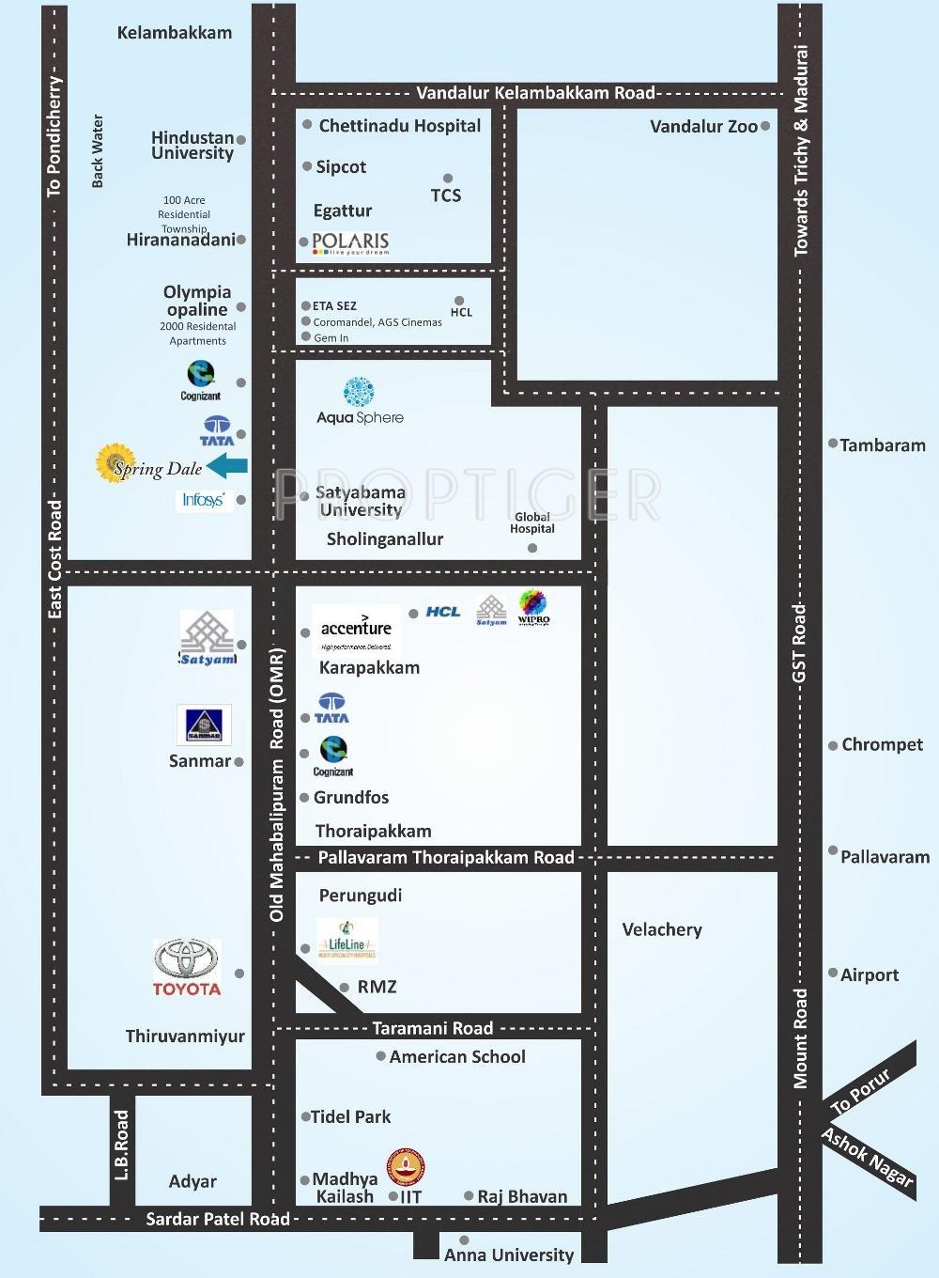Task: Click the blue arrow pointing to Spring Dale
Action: pos(227,465)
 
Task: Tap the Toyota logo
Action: pos(187,967)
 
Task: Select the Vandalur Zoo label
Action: pos(703,127)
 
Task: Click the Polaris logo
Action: pos(350,242)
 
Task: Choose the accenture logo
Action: pos(356,629)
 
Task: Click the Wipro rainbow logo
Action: pos(533,607)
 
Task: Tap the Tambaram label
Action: pos(882,445)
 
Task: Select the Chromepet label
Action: pos(882,744)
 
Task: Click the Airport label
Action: pos(869,974)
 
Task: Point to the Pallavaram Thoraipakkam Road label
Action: pos(446,857)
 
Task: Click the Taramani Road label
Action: pos(432,1028)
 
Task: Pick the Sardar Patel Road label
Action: pos(218,1219)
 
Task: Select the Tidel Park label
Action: pos(350,1116)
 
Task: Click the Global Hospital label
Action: pos(532,522)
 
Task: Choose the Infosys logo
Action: pos(203,500)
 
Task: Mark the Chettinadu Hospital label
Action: pos(399,126)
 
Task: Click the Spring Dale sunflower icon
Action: pos(115,462)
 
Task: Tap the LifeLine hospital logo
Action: pos(346,942)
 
